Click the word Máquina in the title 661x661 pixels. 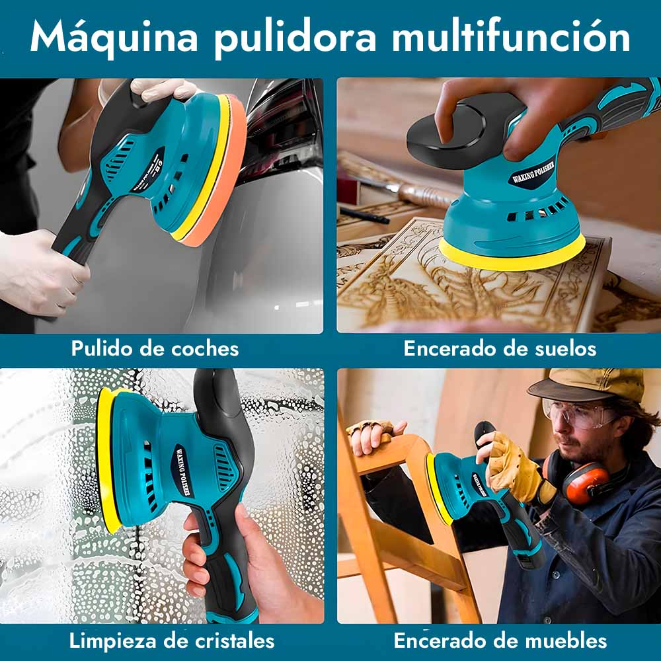pos(114,37)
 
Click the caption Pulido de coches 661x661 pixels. pos(155,348)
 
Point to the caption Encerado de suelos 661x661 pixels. pos(500,348)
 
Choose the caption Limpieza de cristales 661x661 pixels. pos(172,641)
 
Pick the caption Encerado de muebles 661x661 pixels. pos(500,641)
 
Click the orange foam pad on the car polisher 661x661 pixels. pos(219,177)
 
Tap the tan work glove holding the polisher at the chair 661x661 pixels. pos(516,468)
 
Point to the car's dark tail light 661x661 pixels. pos(282,126)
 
